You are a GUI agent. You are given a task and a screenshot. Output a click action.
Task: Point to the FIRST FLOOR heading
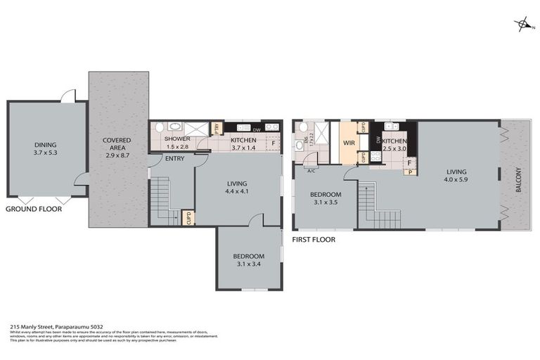tap(314, 240)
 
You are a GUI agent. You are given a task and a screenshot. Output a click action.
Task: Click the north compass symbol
tap(523, 26)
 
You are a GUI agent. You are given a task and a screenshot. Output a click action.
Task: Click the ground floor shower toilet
tap(160, 128)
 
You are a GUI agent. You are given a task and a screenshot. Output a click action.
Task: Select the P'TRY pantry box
tap(217, 128)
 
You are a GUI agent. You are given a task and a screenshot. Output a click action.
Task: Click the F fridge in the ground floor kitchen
tap(272, 143)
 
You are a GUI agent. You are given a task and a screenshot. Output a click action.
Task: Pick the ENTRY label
tap(174, 158)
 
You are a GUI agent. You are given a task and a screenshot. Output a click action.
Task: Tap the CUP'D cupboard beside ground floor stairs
tap(187, 217)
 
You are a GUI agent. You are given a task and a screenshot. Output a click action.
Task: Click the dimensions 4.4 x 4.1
tap(237, 191)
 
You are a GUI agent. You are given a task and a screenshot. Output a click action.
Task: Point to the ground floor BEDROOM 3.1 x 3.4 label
tap(248, 260)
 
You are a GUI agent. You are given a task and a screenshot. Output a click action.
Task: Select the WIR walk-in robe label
tap(348, 143)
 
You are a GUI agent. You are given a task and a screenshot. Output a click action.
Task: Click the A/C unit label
tap(310, 169)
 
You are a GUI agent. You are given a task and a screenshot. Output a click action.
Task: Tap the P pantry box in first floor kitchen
tap(409, 171)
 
